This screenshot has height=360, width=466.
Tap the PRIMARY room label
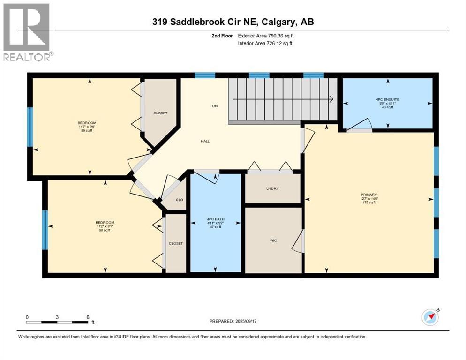369,195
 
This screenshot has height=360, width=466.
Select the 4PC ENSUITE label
387,100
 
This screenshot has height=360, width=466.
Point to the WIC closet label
273,240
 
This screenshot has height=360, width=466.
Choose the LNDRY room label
272,188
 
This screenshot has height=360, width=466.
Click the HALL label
204,141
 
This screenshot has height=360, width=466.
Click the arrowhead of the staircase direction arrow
331,99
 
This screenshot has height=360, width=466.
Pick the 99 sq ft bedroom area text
88,130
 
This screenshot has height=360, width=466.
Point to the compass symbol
430,317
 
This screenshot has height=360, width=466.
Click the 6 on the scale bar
88,317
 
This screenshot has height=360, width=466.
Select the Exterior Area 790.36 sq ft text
274,36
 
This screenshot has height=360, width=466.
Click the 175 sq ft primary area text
369,202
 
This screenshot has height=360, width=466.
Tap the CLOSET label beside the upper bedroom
160,113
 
